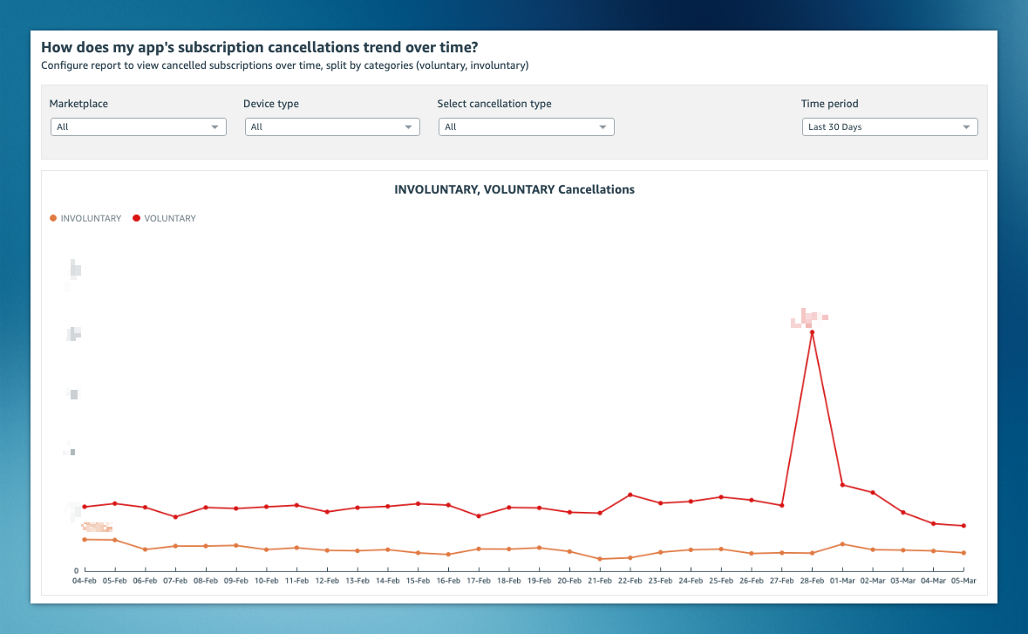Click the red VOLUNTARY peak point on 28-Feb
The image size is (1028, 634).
(x=812, y=332)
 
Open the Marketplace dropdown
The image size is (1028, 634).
(x=138, y=127)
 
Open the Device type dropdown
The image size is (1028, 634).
(x=331, y=127)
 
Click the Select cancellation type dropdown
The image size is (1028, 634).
(x=526, y=127)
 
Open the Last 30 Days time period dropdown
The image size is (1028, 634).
(x=889, y=127)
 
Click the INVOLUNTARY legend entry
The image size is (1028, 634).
(x=85, y=219)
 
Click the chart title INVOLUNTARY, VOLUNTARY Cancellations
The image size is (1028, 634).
(x=514, y=189)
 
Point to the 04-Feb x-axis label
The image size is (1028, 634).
(x=85, y=580)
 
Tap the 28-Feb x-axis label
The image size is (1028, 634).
(x=812, y=580)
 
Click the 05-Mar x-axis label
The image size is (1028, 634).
(x=963, y=580)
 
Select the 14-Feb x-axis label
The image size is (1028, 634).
(x=387, y=580)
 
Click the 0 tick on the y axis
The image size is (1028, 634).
(x=76, y=570)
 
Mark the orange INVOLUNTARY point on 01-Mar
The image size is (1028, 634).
(x=842, y=544)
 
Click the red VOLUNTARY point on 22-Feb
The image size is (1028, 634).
(x=630, y=495)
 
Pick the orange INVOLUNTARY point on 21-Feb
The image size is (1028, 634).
(x=600, y=559)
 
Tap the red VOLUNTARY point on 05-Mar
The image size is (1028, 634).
(x=963, y=526)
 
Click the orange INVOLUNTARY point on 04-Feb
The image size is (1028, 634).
(x=85, y=540)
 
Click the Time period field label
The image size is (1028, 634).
(x=829, y=104)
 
